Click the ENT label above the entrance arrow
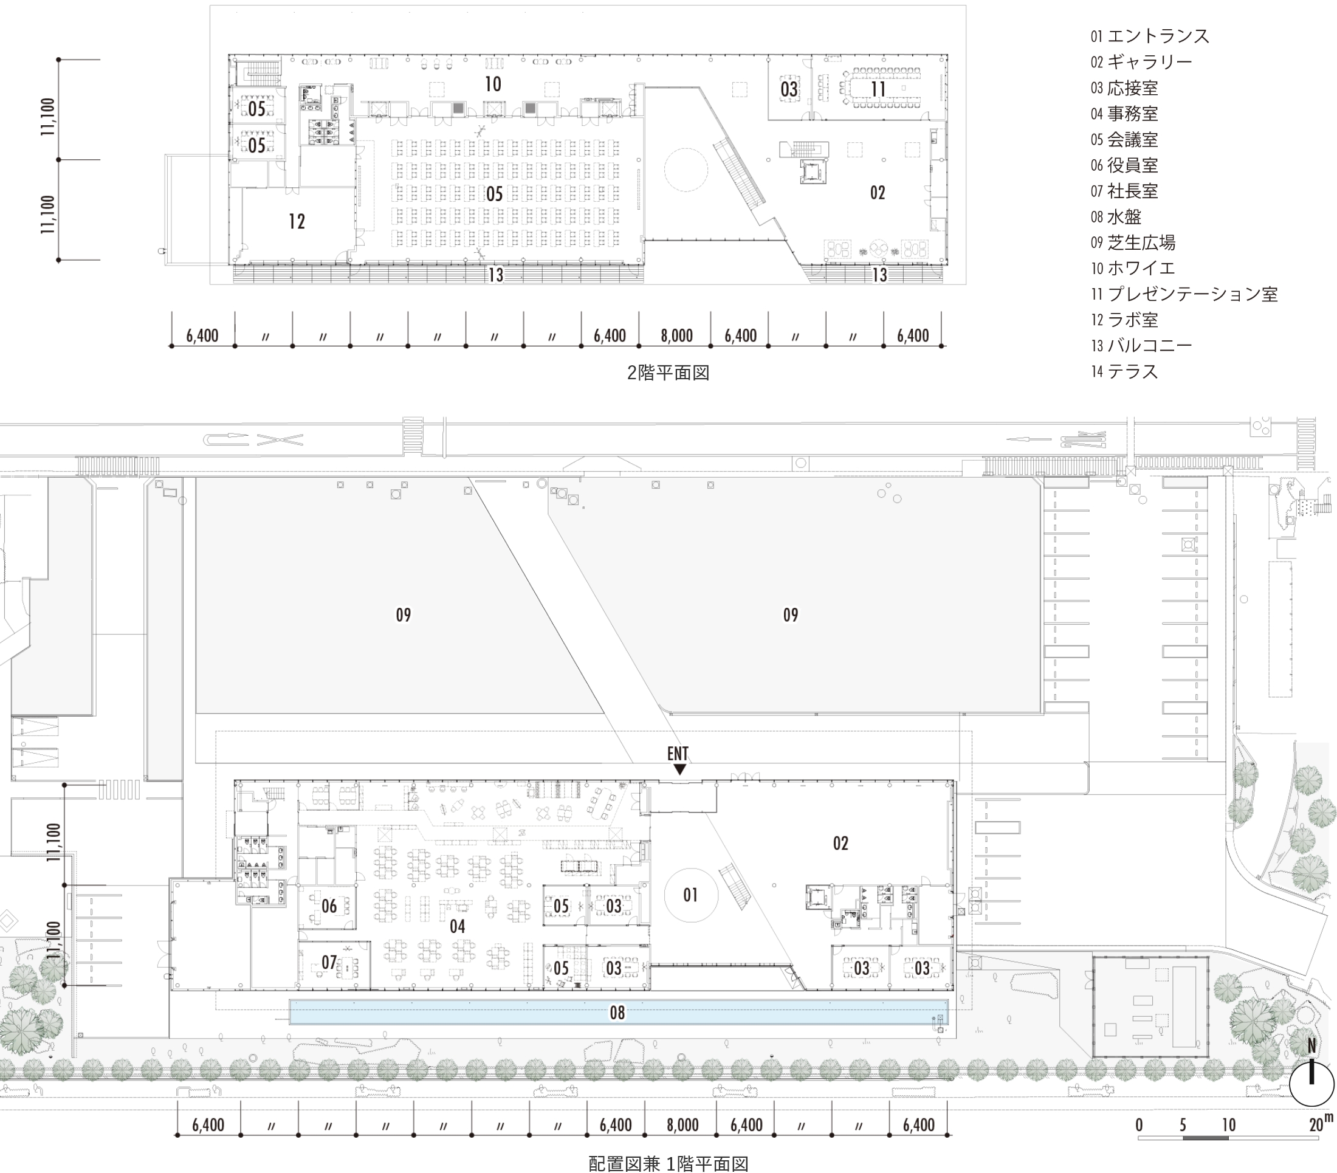coord(678,754)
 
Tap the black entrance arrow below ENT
coord(680,769)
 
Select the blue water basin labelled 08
coord(618,1012)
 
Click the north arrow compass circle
coord(1311,1084)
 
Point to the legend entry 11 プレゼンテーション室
coord(1184,294)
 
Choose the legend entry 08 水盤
coord(1116,217)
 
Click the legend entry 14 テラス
coord(1124,371)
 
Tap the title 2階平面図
coord(668,373)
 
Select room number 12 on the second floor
coord(297,222)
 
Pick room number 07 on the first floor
coord(329,963)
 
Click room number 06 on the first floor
coord(329,906)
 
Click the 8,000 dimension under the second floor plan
coord(676,336)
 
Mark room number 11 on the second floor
coord(878,88)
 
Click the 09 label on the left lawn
coord(404,615)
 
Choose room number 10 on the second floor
coord(493,84)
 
